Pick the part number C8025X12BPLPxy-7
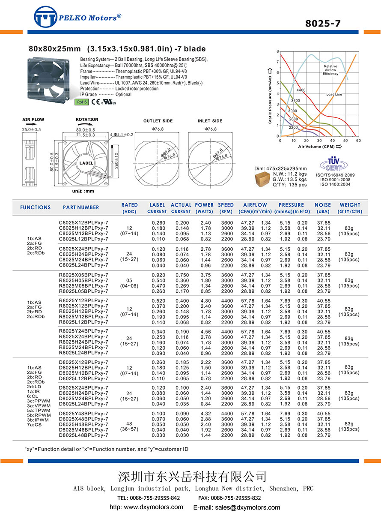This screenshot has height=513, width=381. [83, 223]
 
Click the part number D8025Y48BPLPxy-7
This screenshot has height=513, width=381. [83, 414]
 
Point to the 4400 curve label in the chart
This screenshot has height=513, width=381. [301, 90]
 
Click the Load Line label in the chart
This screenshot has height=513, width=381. [334, 94]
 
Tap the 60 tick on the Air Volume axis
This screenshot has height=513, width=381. [358, 141]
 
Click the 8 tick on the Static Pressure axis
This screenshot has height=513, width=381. [277, 51]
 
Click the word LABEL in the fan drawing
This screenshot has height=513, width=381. [85, 163]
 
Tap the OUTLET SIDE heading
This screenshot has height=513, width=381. [158, 121]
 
